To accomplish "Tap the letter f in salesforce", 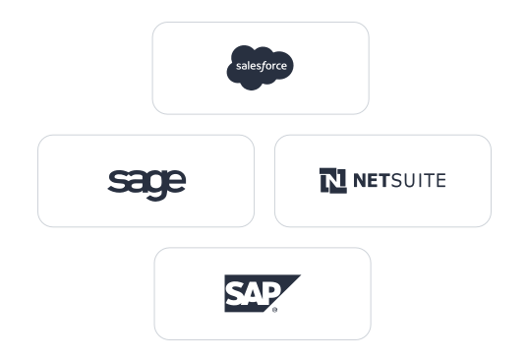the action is tap(263, 67).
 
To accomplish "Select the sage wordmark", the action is tap(146, 182).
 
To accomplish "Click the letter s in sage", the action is tap(117, 182).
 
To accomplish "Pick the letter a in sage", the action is tap(136, 182).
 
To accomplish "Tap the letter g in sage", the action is tap(155, 185).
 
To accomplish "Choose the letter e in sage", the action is tap(175, 182).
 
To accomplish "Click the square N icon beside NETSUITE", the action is tap(333, 181).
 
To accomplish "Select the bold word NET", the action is tap(372, 180).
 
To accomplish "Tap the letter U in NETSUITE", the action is tap(413, 180).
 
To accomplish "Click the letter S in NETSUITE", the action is tap(399, 180).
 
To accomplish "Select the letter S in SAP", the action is tap(235, 291).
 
